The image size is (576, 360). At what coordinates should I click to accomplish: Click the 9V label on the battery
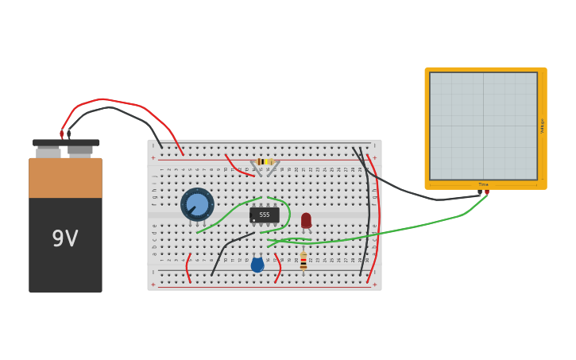[x=65, y=239]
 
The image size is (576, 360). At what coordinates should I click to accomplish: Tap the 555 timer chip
[x=265, y=215]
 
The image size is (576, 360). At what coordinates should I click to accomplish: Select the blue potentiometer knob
[x=197, y=204]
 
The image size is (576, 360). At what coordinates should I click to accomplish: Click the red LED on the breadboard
[x=306, y=220]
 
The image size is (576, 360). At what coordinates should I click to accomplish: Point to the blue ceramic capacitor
[x=257, y=265]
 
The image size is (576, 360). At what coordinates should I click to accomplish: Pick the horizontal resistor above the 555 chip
[x=265, y=161]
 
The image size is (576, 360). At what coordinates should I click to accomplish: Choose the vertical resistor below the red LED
[x=303, y=261]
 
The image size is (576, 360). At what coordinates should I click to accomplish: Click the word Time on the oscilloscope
[x=483, y=184]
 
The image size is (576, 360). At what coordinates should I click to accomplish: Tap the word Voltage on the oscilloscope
[x=542, y=126]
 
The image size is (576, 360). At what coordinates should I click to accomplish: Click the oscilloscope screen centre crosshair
[x=483, y=126]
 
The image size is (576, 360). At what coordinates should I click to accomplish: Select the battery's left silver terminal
[x=48, y=151]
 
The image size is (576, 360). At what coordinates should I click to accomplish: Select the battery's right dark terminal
[x=79, y=149]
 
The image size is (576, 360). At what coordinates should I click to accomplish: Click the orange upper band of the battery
[x=65, y=178]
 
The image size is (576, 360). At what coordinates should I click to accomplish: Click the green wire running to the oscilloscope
[x=413, y=226]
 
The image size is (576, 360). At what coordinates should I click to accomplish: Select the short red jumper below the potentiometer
[x=187, y=269]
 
